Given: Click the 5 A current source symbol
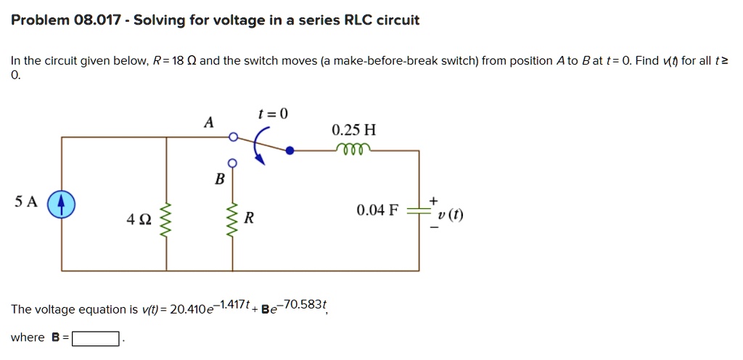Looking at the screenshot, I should pyautogui.click(x=62, y=205).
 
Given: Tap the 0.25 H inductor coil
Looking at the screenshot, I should pyautogui.click(x=353, y=150).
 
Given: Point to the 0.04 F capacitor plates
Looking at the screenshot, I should pyautogui.click(x=418, y=211).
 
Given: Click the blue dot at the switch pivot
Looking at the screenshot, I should pyautogui.click(x=290, y=151).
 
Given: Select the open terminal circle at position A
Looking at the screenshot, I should pyautogui.click(x=233, y=136).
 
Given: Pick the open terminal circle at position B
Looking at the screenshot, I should pyautogui.click(x=233, y=162).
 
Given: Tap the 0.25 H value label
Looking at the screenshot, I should pyautogui.click(x=353, y=131).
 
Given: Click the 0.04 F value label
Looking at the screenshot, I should pyautogui.click(x=377, y=211).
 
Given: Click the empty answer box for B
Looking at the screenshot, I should pyautogui.click(x=95, y=338).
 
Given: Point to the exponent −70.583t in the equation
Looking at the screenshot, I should pyautogui.click(x=304, y=304).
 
